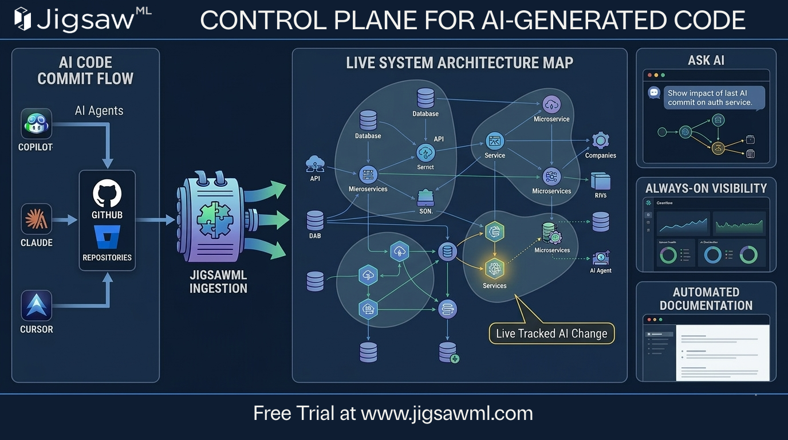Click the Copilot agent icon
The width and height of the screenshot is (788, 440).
coord(37,124)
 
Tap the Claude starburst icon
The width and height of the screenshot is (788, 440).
coord(37,219)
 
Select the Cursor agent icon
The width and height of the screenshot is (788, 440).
coord(37,305)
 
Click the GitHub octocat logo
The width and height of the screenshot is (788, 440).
coord(107,193)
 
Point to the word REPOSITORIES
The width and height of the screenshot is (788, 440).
coord(107,258)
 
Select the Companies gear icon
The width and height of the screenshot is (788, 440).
coord(600,140)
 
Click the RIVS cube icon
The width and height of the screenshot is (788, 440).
coord(600,182)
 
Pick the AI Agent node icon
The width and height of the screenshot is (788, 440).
coord(601,258)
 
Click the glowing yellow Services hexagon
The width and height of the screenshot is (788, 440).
coord(494,268)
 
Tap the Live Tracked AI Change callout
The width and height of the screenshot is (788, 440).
coord(551,333)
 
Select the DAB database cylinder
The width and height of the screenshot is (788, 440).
coord(315,221)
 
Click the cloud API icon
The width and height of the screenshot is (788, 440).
coord(315,164)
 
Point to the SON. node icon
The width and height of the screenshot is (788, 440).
coord(425,198)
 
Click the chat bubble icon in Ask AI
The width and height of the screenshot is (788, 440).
coord(654,93)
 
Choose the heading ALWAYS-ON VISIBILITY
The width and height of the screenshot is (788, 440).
coord(706,188)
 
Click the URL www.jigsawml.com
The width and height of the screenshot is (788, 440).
coord(447,413)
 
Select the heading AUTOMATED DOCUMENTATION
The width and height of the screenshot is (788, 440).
coord(706,298)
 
